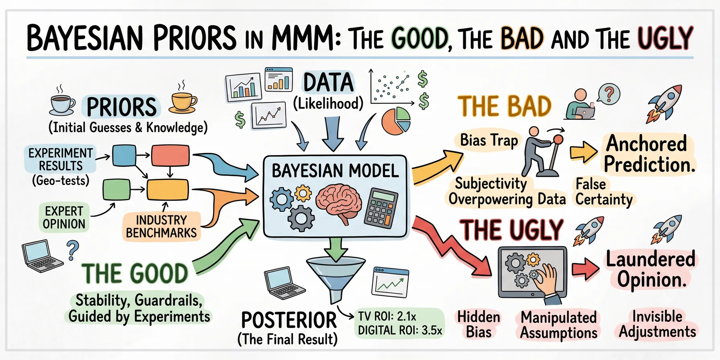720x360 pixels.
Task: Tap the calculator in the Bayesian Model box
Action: [380, 208]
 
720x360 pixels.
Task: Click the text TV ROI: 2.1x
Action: [387, 316]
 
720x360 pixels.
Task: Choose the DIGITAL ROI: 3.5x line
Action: [400, 331]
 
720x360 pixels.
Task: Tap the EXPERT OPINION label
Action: [64, 217]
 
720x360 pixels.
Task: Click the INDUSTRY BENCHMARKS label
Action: [162, 227]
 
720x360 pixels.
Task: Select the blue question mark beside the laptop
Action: [73, 250]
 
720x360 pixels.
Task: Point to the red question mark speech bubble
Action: [609, 94]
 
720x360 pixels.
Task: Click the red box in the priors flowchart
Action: [170, 155]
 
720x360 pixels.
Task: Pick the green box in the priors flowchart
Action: [117, 190]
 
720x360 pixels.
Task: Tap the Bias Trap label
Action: [489, 141]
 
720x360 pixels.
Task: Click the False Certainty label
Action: [604, 192]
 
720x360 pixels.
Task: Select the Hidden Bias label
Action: [479, 325]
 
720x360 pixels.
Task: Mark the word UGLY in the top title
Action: [665, 38]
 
